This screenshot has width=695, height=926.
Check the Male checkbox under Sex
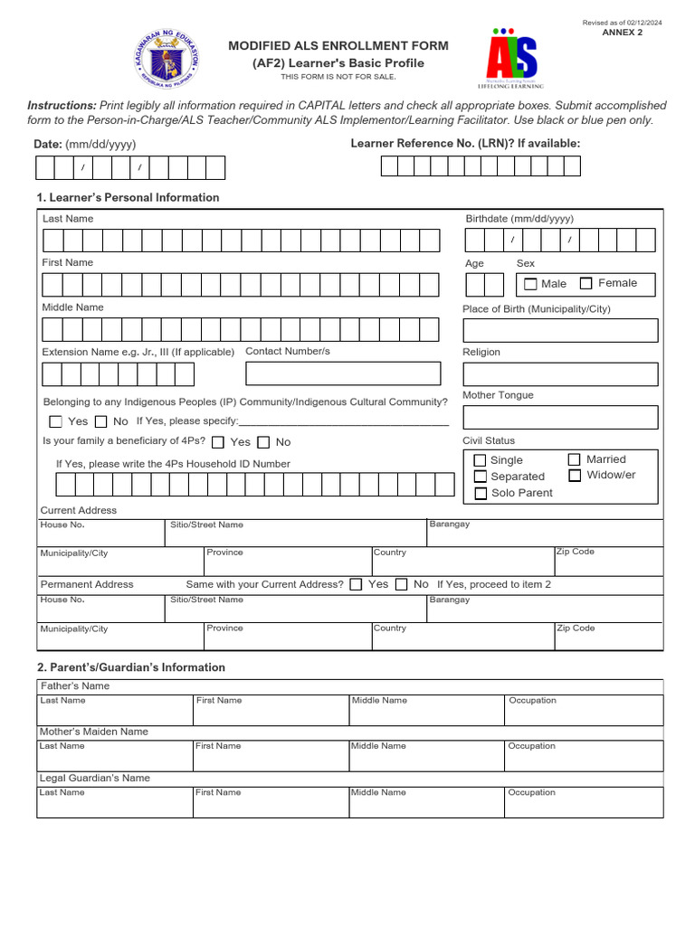[530, 284]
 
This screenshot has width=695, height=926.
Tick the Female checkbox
[586, 283]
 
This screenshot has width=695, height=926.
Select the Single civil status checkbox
[480, 460]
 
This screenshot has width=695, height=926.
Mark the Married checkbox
[575, 459]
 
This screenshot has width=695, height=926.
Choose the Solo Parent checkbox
[480, 494]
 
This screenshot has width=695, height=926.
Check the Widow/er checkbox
[575, 475]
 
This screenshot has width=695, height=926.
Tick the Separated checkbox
[480, 477]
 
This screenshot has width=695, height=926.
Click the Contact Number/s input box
[343, 373]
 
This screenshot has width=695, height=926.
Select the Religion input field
[560, 374]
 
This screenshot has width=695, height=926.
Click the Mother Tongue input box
[560, 417]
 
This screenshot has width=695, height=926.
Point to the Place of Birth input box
[560, 330]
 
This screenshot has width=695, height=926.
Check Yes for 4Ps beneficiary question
[218, 442]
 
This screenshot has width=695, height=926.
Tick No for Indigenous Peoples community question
[100, 421]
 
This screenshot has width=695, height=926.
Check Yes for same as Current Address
[356, 584]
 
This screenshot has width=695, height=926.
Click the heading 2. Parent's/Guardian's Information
[130, 667]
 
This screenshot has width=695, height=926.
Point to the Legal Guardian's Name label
[94, 778]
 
